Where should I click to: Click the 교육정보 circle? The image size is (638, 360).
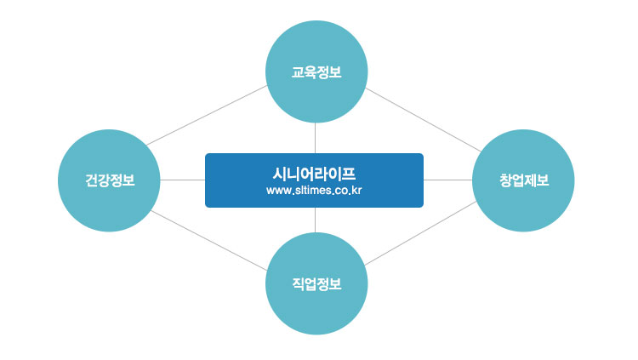pyautogui.click(x=316, y=71)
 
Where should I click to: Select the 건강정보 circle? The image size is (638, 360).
pyautogui.click(x=109, y=180)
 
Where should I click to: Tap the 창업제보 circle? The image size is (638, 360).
pyautogui.click(x=523, y=180)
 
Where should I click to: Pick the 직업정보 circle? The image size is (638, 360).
pyautogui.click(x=316, y=283)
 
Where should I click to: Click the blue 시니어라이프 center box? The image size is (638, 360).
pyautogui.click(x=314, y=180)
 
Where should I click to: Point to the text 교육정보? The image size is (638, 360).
pyautogui.click(x=316, y=72)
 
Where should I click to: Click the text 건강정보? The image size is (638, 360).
pyautogui.click(x=110, y=180)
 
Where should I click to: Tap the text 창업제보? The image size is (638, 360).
pyautogui.click(x=524, y=180)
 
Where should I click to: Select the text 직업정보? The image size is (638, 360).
pyautogui.click(x=316, y=284)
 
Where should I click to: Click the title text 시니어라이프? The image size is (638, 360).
pyautogui.click(x=314, y=174)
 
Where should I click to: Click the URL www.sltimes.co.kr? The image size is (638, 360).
pyautogui.click(x=314, y=191)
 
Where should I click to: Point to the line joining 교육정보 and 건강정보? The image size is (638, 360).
pyautogui.click(x=207, y=115)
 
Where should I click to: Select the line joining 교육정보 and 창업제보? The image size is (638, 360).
pyautogui.click(x=423, y=120)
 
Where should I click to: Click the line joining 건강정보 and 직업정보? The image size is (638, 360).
pyautogui.click(x=208, y=241)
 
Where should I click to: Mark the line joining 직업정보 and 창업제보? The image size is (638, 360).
pyautogui.click(x=420, y=233)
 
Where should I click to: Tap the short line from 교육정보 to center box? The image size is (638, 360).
pyautogui.click(x=316, y=138)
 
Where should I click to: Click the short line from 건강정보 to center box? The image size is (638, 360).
pyautogui.click(x=183, y=180)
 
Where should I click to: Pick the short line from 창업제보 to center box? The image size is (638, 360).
pyautogui.click(x=447, y=180)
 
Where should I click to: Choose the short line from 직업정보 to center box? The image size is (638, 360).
pyautogui.click(x=316, y=220)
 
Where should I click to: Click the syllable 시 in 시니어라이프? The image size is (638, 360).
pyautogui.click(x=280, y=174)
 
